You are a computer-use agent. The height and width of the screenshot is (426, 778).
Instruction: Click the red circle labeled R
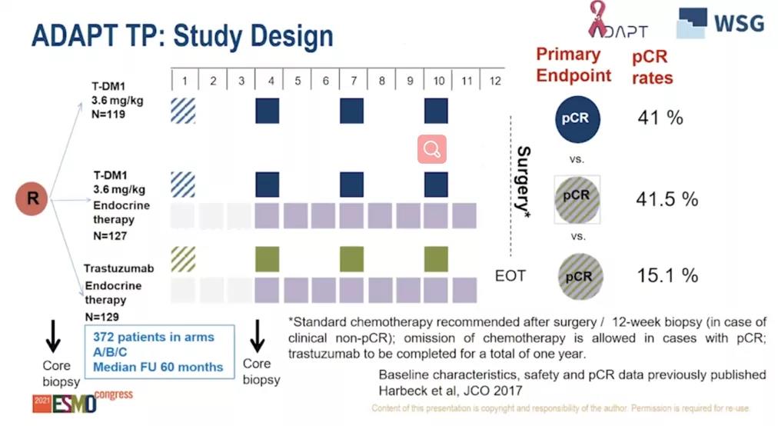tap(33, 198)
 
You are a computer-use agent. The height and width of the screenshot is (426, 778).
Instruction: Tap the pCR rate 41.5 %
tap(667, 198)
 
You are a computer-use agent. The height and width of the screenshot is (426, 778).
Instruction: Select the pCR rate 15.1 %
tap(667, 275)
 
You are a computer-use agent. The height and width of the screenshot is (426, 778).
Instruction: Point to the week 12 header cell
tap(494, 80)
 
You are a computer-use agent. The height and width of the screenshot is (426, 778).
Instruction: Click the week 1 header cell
tap(185, 80)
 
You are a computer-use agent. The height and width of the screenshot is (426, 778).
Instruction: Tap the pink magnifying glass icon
tap(432, 149)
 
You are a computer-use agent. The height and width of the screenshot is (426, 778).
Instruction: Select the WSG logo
tap(720, 22)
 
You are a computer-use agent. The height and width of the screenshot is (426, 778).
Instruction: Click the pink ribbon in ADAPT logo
tap(597, 20)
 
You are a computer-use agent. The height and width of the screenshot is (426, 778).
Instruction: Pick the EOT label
tap(510, 275)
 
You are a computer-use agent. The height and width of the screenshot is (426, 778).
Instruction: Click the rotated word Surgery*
tap(523, 181)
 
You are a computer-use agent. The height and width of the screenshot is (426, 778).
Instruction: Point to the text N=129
tap(101, 316)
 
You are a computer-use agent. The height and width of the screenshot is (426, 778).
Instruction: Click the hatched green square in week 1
tap(182, 259)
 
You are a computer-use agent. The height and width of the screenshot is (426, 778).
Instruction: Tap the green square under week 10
tap(436, 259)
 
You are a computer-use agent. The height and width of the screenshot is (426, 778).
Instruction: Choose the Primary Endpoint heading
tap(574, 65)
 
